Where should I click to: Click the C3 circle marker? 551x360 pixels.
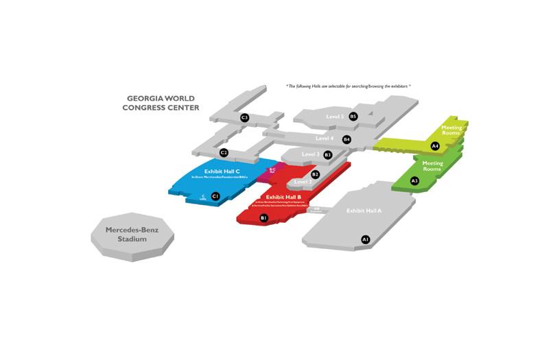point(244,118)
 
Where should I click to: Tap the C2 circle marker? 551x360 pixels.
point(224,152)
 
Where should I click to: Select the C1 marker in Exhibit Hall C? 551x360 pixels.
point(215,196)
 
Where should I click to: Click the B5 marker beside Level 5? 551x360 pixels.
point(353,117)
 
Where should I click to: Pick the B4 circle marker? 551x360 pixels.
point(347,139)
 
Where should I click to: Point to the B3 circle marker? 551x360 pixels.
point(328,155)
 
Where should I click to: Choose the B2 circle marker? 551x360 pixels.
point(315,174)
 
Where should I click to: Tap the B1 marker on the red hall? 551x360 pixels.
point(263,218)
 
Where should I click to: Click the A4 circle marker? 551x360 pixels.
point(434,146)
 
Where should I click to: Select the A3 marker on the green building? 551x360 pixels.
point(414,180)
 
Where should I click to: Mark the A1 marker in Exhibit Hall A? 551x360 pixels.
point(366,239)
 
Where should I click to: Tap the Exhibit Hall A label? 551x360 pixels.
point(364,211)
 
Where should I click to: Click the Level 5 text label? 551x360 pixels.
point(335,117)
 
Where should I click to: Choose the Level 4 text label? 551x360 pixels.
point(325,139)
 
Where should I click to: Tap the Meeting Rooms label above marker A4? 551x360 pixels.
point(452,130)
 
